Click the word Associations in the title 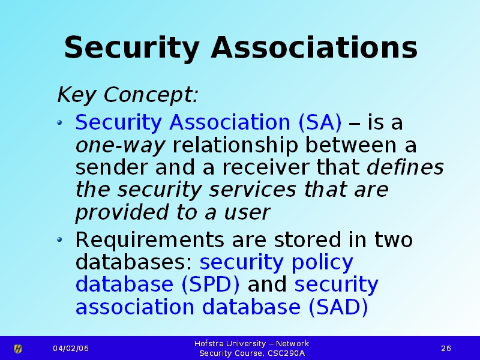(x=314, y=47)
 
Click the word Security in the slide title (x=132, y=49)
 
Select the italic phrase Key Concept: (x=128, y=95)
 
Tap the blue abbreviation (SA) (x=320, y=122)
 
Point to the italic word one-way (x=121, y=146)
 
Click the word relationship (x=235, y=145)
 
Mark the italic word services (x=253, y=190)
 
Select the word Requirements (x=149, y=241)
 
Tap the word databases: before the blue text (x=134, y=262)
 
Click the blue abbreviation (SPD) (x=211, y=284)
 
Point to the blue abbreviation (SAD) (x=338, y=307)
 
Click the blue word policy (x=322, y=263)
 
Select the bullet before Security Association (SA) (x=59, y=123)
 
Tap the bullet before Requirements (x=59, y=239)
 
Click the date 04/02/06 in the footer (x=71, y=349)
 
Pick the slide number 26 (x=446, y=349)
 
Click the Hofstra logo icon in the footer (x=18, y=349)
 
